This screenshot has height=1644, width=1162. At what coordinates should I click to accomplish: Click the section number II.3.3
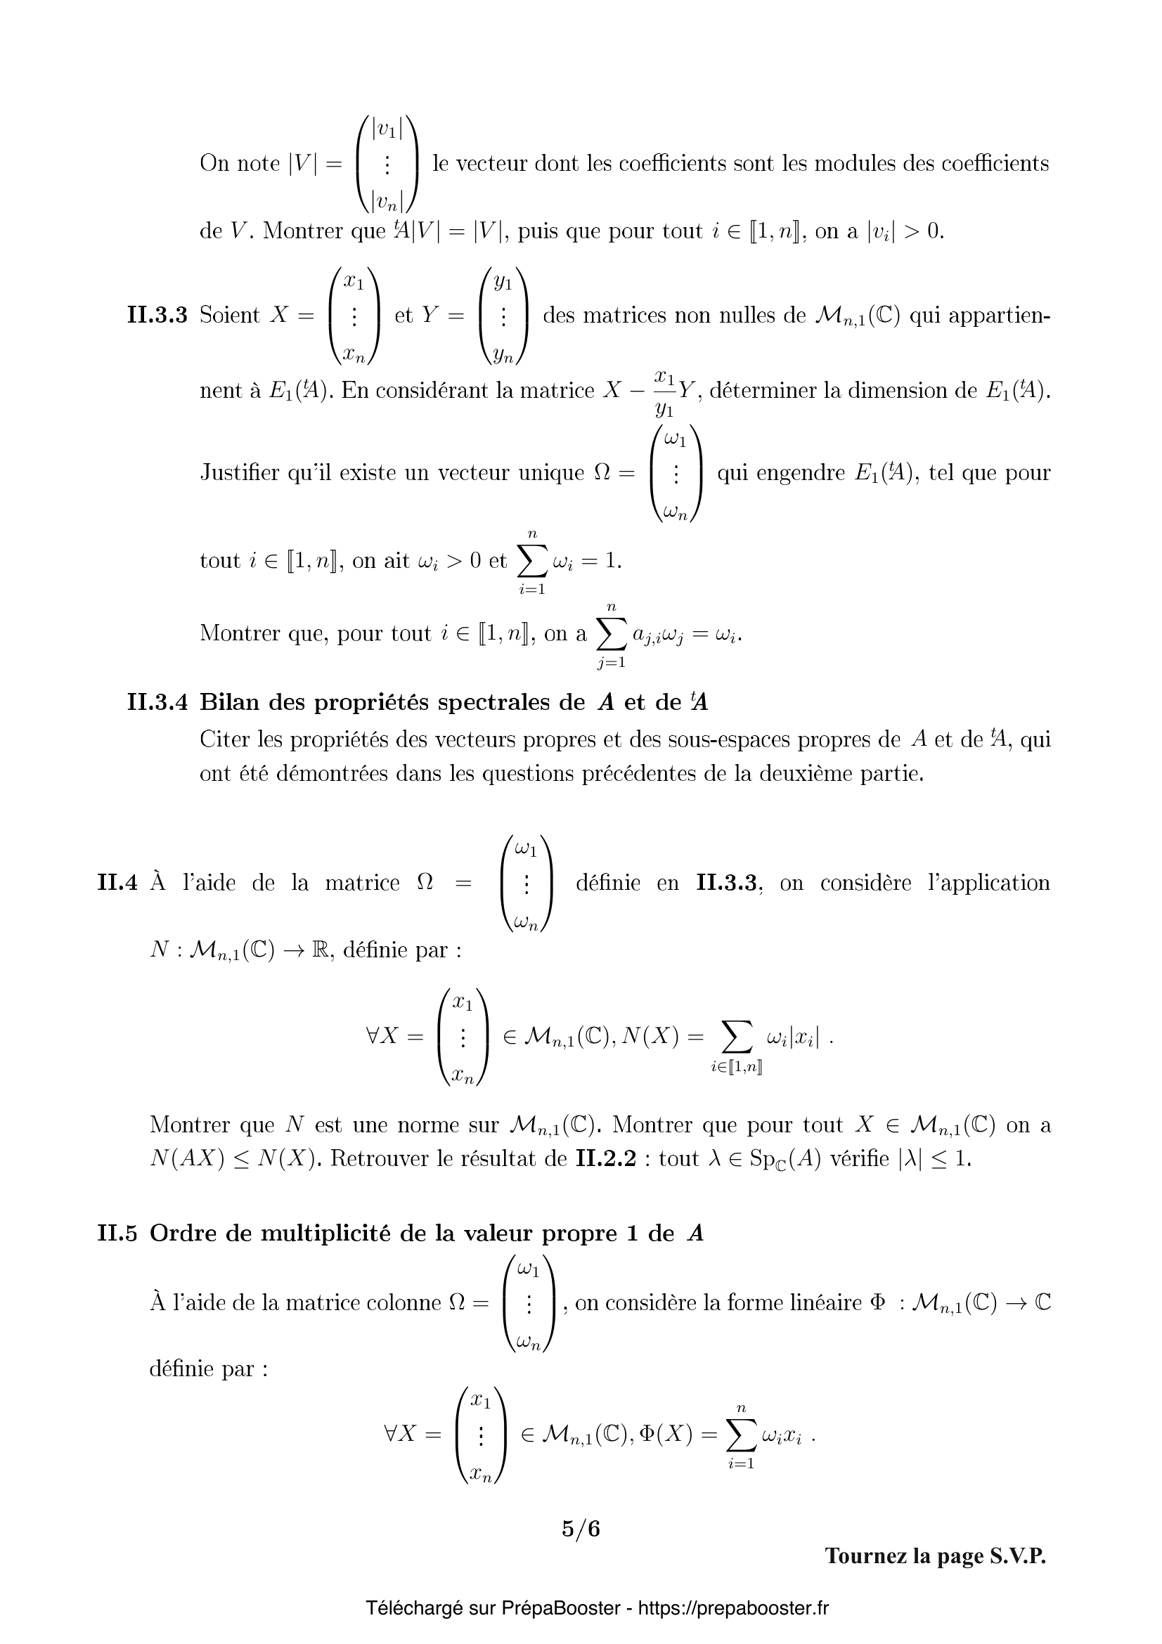pos(157,315)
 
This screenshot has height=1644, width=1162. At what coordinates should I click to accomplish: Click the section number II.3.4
pos(157,702)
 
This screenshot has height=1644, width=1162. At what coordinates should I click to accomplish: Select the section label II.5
pos(117,1233)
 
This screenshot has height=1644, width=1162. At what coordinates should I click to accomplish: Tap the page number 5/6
pos(581,1529)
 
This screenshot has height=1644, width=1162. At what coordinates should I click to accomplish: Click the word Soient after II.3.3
pos(229,315)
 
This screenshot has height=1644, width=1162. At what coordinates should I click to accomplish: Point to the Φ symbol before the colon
pos(877,1302)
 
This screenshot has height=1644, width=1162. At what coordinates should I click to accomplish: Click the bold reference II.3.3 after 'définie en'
pos(727,883)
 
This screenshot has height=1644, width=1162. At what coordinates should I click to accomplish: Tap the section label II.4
pos(117,883)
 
